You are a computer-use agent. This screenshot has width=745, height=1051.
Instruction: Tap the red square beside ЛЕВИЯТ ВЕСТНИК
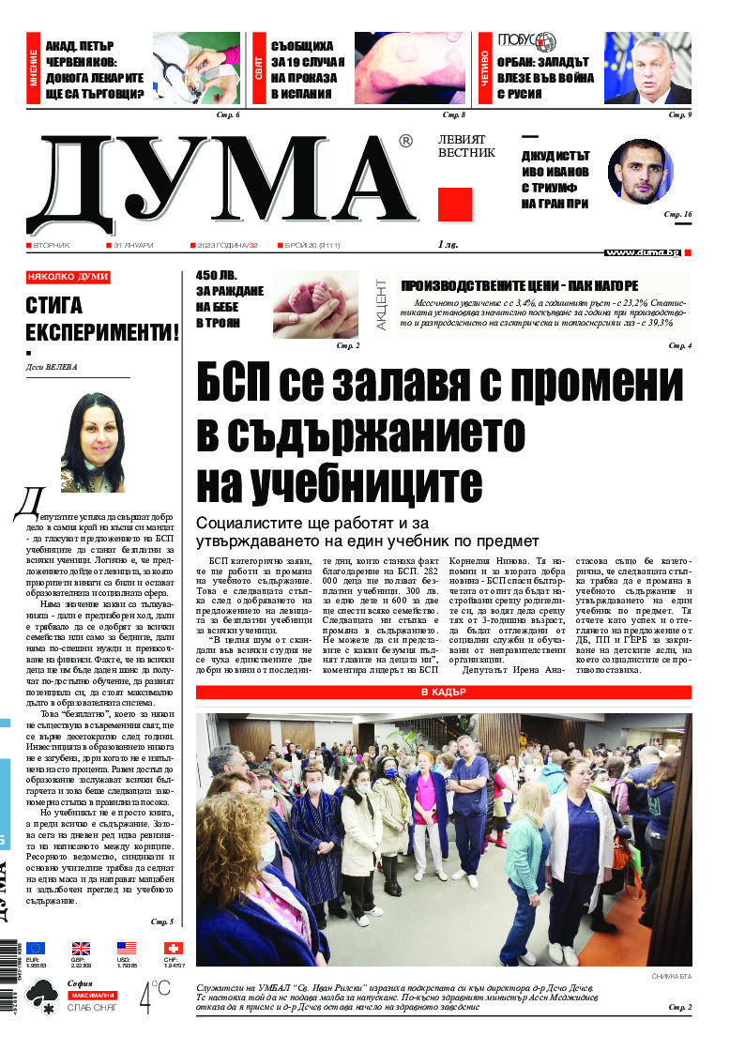pos(455,204)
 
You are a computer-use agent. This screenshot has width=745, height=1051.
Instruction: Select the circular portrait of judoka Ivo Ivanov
pos(641,171)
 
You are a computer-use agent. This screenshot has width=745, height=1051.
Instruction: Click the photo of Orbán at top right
pos(648,68)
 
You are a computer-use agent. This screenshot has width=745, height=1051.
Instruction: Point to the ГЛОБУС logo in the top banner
pos(526,42)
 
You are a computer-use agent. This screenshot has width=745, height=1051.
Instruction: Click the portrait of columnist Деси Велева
pos(93,441)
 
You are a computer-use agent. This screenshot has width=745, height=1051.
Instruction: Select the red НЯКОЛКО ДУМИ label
pos(68,278)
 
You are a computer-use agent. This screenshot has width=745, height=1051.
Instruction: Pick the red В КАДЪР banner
pos(443,693)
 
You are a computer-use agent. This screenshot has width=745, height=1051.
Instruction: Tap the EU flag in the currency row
pos(36,948)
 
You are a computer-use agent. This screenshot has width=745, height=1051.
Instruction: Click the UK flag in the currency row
pos(81,948)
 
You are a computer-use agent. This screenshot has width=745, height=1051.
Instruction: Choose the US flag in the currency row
pos(126,948)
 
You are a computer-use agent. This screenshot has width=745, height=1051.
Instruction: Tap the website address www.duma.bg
pos(643,252)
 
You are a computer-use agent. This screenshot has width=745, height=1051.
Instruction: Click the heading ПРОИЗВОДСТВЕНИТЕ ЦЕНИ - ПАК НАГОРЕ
pos(519,285)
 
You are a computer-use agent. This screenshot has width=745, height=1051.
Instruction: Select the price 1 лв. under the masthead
pos(448,245)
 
